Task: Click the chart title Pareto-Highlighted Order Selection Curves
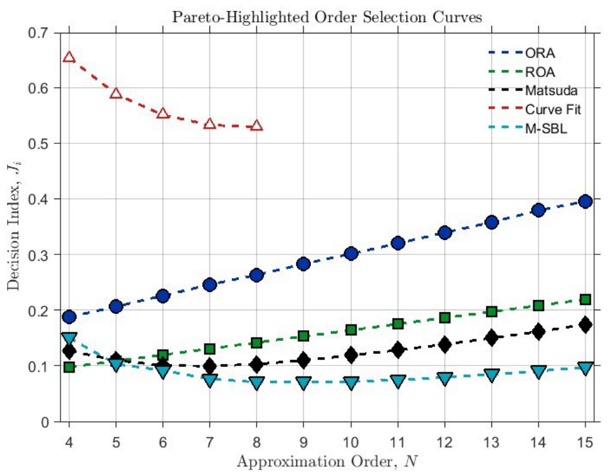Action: point(328,17)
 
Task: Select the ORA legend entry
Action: point(522,53)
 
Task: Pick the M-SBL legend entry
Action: point(528,128)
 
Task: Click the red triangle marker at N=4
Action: point(69,57)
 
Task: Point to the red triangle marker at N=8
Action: point(256,125)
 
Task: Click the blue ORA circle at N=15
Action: point(585,202)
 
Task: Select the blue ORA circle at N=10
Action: point(351,254)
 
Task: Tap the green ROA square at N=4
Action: point(69,367)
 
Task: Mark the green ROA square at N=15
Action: point(585,299)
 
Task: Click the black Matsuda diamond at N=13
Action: point(491,337)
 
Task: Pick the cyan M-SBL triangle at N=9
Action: point(304,383)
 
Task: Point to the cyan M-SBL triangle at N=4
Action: point(69,339)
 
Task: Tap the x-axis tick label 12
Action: point(445,442)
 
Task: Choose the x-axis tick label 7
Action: point(209,442)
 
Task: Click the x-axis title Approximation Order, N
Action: point(328,462)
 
